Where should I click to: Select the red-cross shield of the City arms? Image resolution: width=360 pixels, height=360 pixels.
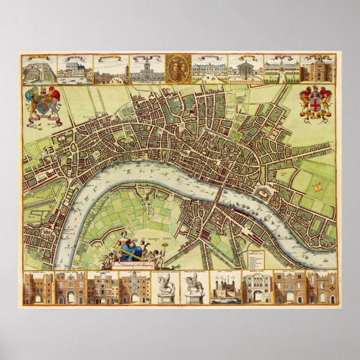[316, 105]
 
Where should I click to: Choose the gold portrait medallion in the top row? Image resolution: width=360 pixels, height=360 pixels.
[179, 69]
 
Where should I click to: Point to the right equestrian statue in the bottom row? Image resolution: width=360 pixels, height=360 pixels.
[195, 287]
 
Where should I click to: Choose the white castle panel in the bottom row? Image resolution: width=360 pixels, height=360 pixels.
[226, 287]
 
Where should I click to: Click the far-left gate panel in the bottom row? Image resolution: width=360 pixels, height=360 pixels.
[38, 287]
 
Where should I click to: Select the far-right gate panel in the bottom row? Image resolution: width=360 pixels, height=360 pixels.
[321, 287]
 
